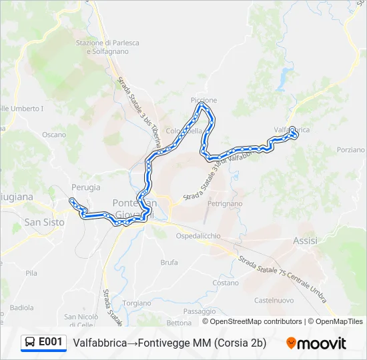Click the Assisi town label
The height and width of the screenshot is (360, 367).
tap(305, 241)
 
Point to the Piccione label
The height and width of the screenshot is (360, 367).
tap(204, 101)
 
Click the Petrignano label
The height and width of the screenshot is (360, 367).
tap(224, 203)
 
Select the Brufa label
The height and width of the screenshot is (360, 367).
tap(169, 263)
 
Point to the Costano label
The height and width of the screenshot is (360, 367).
tap(226, 283)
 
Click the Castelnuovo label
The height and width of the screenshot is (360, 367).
tap(274, 300)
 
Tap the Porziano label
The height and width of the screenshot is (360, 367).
tap(351, 150)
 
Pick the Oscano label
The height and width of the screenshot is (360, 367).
tap(54, 134)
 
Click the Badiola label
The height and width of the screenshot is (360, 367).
tap(21, 307)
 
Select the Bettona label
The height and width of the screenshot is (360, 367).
tap(178, 323)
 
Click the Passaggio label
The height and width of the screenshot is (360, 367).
tap(199, 311)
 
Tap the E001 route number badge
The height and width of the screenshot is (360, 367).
tap(51, 342)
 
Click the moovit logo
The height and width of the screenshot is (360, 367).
tap(316, 343)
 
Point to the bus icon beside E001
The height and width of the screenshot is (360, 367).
tap(30, 343)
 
